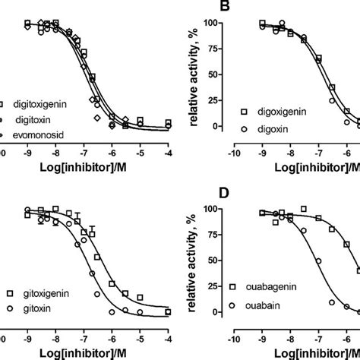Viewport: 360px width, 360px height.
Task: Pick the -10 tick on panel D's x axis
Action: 236,334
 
